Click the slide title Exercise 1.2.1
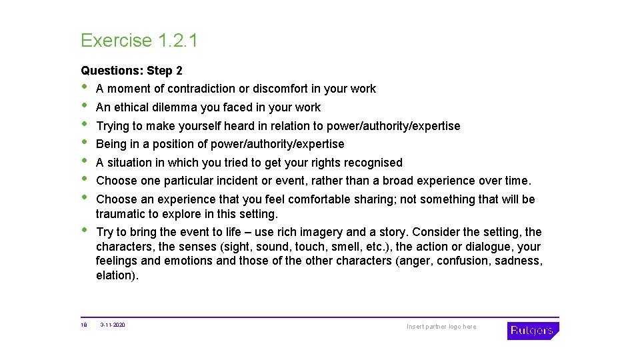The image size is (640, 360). point(139,41)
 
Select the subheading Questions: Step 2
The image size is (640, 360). point(131,70)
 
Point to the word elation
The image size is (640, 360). point(117,275)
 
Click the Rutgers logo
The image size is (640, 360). point(533,330)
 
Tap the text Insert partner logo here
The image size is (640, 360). point(441,327)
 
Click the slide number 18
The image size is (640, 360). point(84,325)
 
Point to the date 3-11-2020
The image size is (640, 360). point(113,325)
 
